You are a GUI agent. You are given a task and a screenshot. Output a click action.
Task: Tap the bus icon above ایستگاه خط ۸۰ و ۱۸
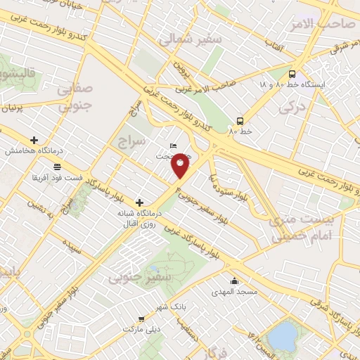coord(292,73)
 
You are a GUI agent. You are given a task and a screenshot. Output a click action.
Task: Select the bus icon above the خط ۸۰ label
coord(240,120)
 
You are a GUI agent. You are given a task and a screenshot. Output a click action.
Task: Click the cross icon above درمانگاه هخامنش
coord(34,140)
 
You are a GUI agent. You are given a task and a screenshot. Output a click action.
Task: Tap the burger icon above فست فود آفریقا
coord(56,167)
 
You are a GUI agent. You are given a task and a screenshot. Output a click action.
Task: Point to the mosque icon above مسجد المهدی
coord(234,281)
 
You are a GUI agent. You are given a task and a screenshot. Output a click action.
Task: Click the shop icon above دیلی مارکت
coord(142,319)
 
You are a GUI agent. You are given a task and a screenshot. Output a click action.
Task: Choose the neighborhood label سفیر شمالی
coord(190,40)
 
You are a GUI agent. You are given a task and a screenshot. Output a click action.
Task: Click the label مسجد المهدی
coord(236,291)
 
